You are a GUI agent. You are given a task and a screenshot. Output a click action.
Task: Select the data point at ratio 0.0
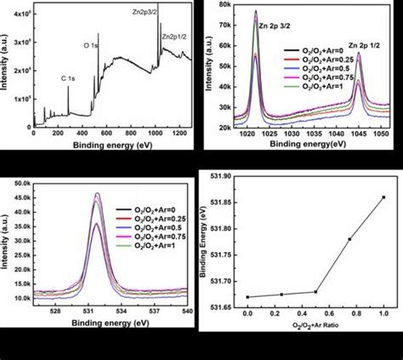point(247,297)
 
